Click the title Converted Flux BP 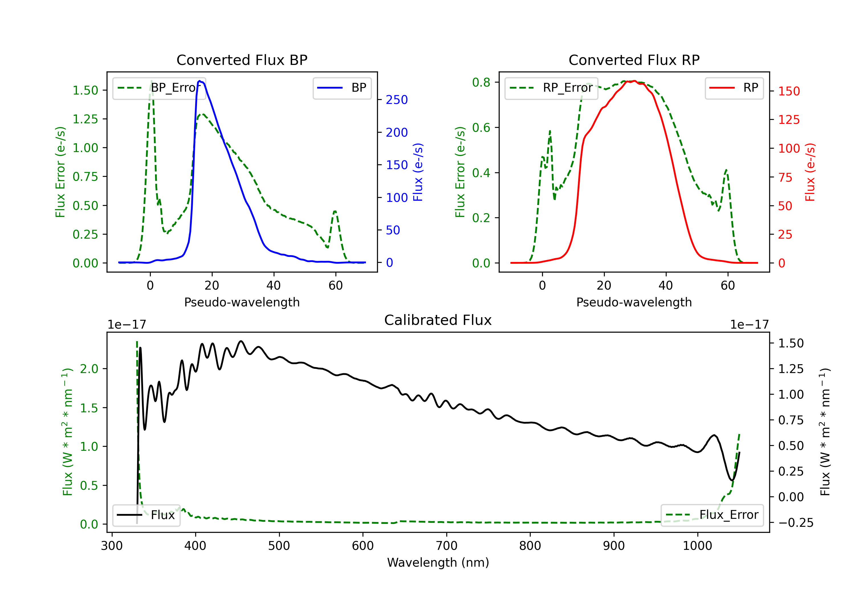pyautogui.click(x=242, y=60)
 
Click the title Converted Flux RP pyautogui.click(x=634, y=60)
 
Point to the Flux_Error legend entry pyautogui.click(x=712, y=515)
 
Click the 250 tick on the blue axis pyautogui.click(x=397, y=100)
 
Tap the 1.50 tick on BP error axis pyautogui.click(x=85, y=91)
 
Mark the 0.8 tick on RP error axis pyautogui.click(x=481, y=82)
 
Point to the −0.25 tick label pyautogui.click(x=791, y=523)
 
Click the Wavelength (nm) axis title pyautogui.click(x=438, y=562)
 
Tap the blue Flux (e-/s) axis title pyautogui.click(x=418, y=172)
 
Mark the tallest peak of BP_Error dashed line pyautogui.click(x=151, y=81)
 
